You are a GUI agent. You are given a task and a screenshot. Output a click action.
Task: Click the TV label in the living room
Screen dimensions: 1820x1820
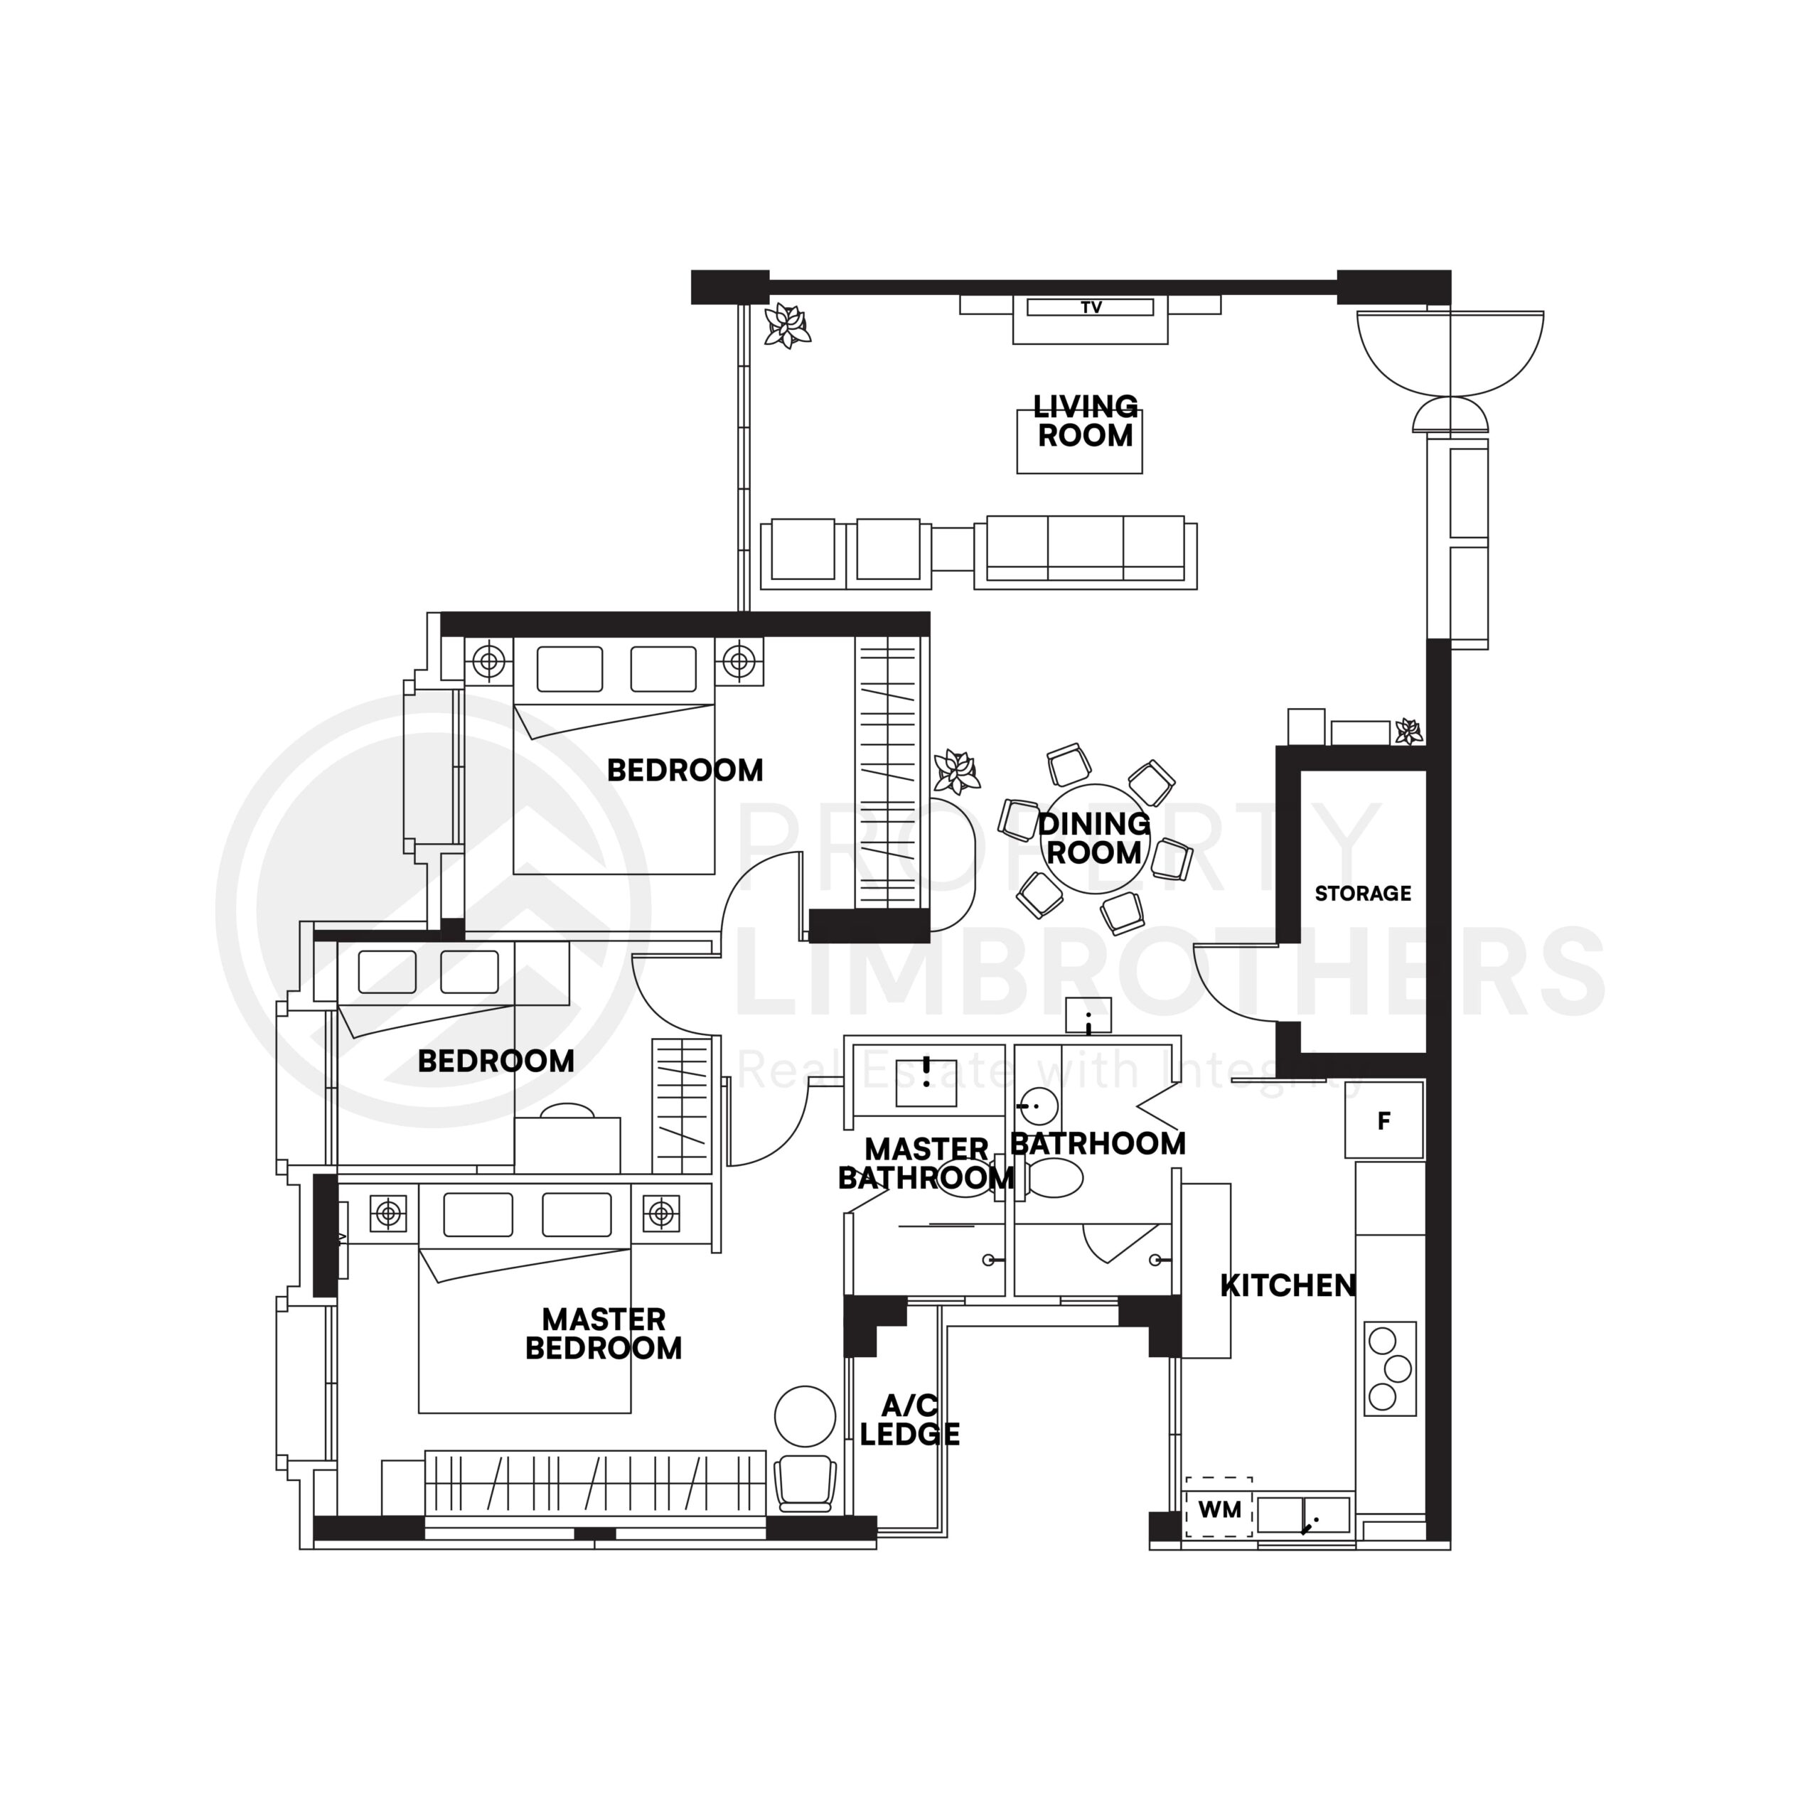[1090, 307]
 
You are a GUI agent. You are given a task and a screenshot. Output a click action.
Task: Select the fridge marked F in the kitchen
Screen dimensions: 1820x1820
[1383, 1120]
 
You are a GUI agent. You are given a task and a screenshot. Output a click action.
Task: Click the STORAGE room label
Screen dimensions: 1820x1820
[1362, 893]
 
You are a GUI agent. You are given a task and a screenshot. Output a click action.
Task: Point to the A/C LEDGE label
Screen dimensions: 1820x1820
[909, 1420]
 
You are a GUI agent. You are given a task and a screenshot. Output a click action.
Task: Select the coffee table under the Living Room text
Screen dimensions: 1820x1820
[1078, 441]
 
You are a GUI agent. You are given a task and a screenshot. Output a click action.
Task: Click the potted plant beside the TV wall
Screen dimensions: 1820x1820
[786, 326]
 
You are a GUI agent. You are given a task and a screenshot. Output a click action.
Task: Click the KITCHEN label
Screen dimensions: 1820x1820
[1287, 1285]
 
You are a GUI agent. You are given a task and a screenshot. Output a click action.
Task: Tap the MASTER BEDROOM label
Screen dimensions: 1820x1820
[603, 1333]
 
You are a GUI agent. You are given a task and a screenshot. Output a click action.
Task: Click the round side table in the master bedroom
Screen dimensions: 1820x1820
[805, 1416]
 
